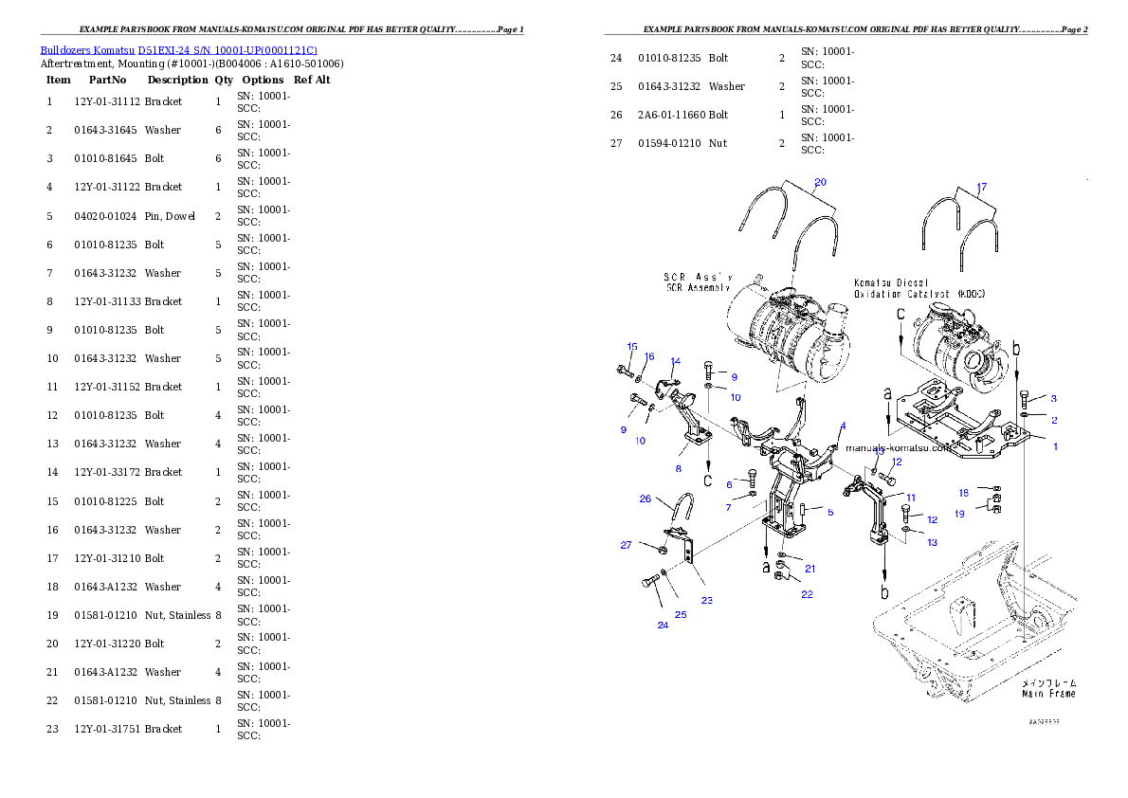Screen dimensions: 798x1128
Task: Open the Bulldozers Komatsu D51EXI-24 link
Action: pos(178,50)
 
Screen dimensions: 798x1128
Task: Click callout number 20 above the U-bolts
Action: pos(821,182)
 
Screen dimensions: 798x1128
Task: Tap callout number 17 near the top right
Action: pos(981,187)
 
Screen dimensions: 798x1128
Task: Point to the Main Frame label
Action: pos(1048,688)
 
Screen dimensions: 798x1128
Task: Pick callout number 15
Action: pos(632,347)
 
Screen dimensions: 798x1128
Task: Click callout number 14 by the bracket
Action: pos(676,361)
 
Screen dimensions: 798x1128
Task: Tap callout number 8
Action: pos(679,468)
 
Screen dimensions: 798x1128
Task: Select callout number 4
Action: pos(843,426)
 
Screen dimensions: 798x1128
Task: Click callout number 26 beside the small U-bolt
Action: pos(646,499)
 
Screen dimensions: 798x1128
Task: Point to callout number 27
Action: pos(627,545)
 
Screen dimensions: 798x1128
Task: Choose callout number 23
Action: pos(707,600)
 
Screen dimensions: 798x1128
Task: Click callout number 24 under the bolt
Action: pos(663,625)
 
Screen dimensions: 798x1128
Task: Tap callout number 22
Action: pos(807,594)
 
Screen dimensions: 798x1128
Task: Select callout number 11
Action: pos(910,498)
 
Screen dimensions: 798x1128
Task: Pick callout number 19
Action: pos(960,514)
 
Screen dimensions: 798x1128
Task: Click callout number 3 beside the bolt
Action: pos(1053,398)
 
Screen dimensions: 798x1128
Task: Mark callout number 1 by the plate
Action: pos(1056,446)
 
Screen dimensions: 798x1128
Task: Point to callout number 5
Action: pos(829,512)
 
